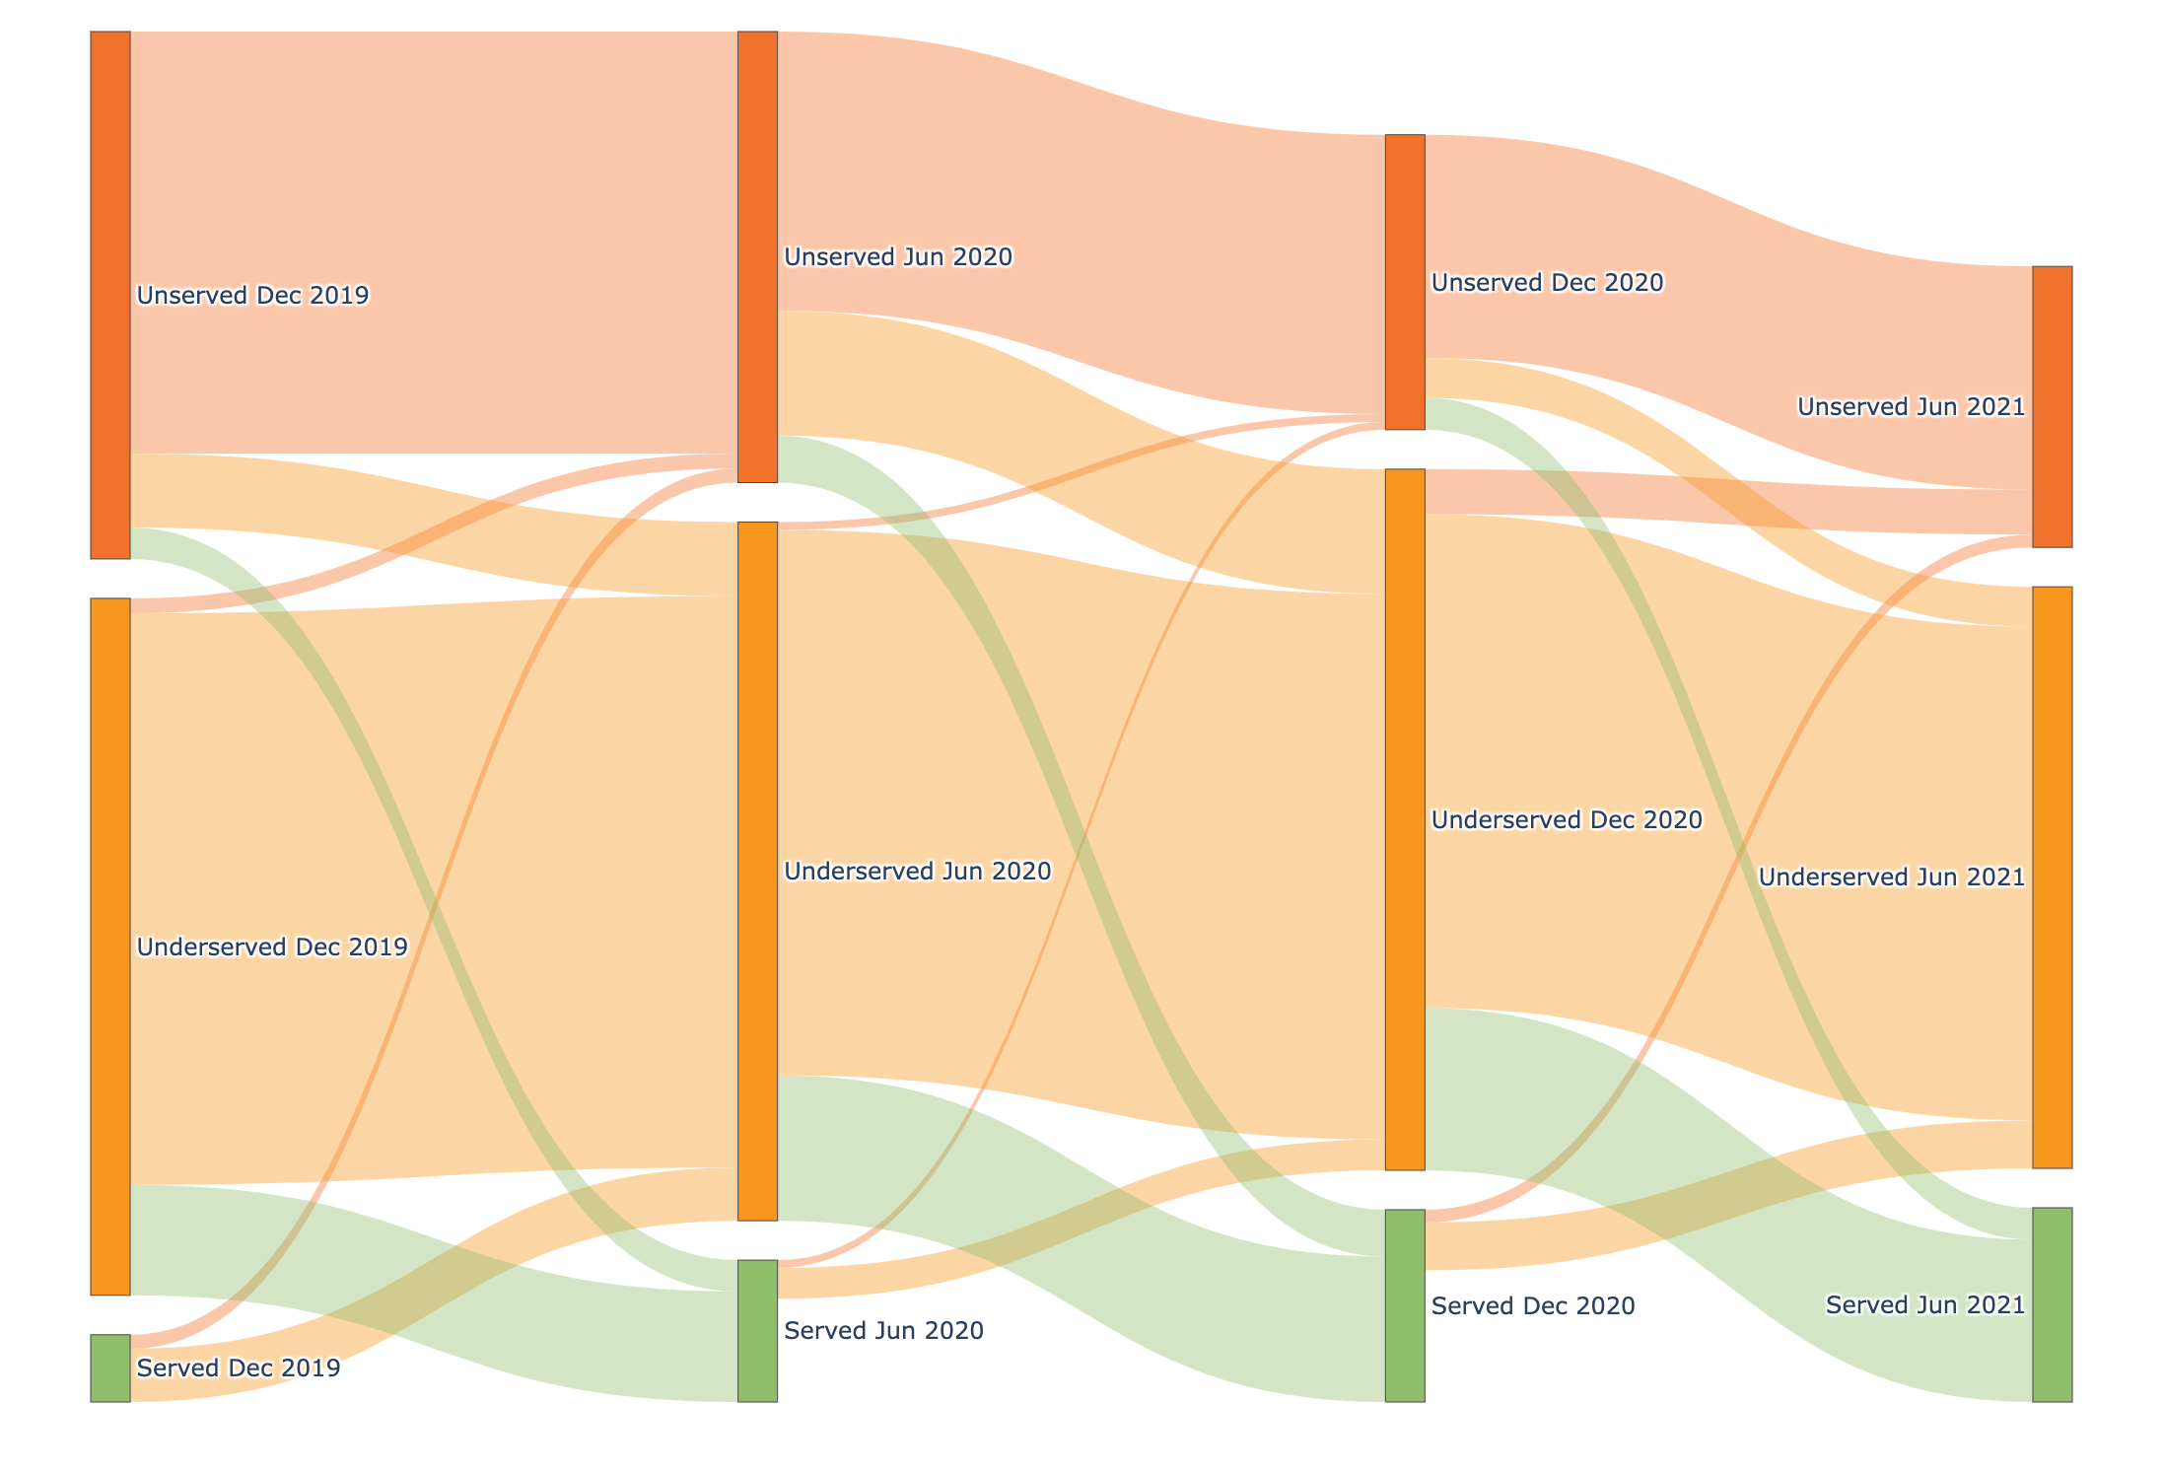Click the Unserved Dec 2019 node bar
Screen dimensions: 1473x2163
(110, 295)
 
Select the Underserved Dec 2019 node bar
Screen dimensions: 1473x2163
(110, 947)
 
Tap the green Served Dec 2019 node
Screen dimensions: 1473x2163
(110, 1368)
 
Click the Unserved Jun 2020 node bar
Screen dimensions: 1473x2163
(757, 256)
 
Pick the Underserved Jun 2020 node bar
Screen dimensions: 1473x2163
(757, 871)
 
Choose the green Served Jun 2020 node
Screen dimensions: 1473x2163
(757, 1330)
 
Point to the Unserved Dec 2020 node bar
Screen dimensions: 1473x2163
(1405, 282)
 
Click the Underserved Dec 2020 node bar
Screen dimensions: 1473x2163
(1405, 819)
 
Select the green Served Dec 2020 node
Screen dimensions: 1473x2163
(1405, 1305)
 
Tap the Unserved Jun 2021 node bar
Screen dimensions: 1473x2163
(2052, 406)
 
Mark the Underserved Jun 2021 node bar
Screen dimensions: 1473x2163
(2052, 877)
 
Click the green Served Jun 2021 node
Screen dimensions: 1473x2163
(2052, 1304)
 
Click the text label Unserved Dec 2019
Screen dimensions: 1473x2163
(252, 296)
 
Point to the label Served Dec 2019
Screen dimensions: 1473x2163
(238, 1368)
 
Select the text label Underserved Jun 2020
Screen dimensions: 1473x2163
(918, 872)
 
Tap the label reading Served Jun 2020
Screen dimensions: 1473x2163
(883, 1331)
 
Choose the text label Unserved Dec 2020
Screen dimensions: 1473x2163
(1547, 283)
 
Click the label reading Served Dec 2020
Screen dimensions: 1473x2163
(1532, 1306)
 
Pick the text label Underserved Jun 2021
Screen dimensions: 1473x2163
(1891, 877)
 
